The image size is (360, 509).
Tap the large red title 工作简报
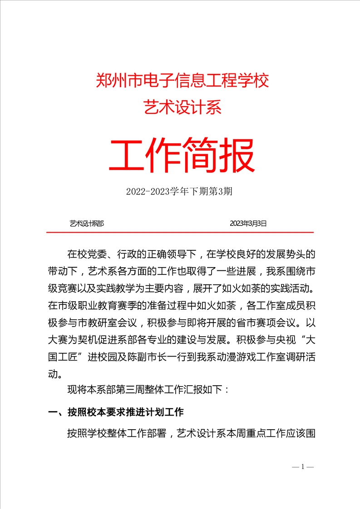tap(182, 155)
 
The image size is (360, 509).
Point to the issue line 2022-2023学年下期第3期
tap(180, 191)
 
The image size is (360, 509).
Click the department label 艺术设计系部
tap(87, 223)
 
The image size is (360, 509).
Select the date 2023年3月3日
tap(248, 223)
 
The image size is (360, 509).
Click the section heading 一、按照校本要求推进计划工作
tap(116, 412)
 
